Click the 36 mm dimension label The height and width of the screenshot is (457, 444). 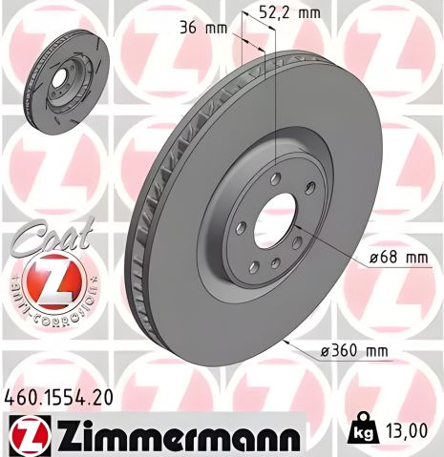point(203,28)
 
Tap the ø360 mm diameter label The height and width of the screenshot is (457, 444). point(355,351)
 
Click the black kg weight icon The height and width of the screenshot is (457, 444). point(364,431)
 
